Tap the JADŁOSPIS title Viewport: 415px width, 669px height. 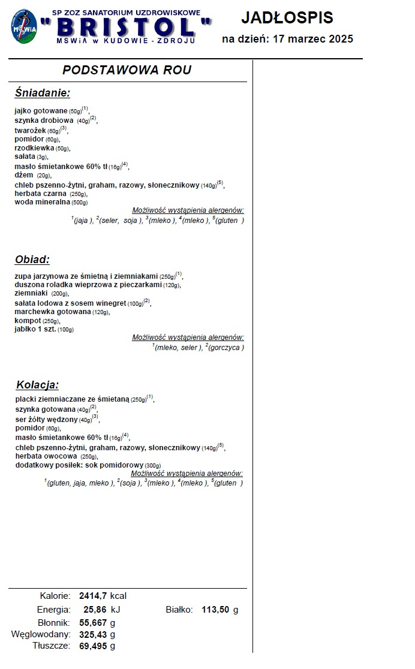287,18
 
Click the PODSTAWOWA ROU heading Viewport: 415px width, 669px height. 127,70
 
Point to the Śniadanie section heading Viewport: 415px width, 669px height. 42,93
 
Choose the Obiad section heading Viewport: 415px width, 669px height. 32,260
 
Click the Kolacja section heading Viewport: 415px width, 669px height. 37,385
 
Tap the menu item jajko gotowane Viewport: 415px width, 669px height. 41,111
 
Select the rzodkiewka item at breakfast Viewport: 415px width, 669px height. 34,147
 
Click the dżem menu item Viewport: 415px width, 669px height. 24,175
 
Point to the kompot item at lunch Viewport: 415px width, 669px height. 28,321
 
